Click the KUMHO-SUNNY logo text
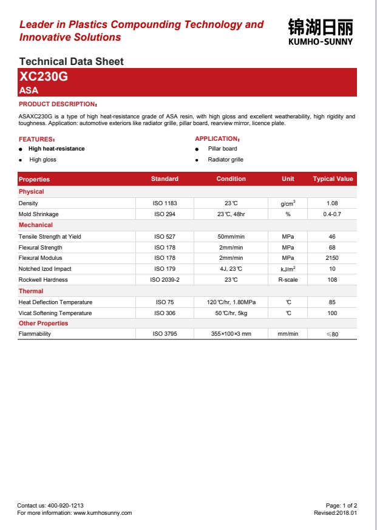coord(320,42)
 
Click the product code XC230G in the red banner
coord(43,77)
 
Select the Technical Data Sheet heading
coord(72,61)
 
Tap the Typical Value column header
coord(333,179)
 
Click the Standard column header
coord(165,179)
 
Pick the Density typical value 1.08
coord(332,203)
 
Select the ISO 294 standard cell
coord(165,214)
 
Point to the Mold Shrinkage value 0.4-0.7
coord(332,214)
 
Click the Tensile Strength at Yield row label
coord(50,236)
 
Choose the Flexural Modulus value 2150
coord(332,258)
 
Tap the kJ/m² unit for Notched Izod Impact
coord(288,269)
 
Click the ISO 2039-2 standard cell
coord(165,280)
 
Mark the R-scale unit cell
coord(288,280)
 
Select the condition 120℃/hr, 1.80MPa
coord(231,302)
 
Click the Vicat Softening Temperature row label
coord(55,313)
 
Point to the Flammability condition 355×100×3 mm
coord(231,334)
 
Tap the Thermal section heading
coord(31,291)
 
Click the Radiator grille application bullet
coord(225,160)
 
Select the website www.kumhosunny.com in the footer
coord(103,513)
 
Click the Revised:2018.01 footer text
coord(335,513)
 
